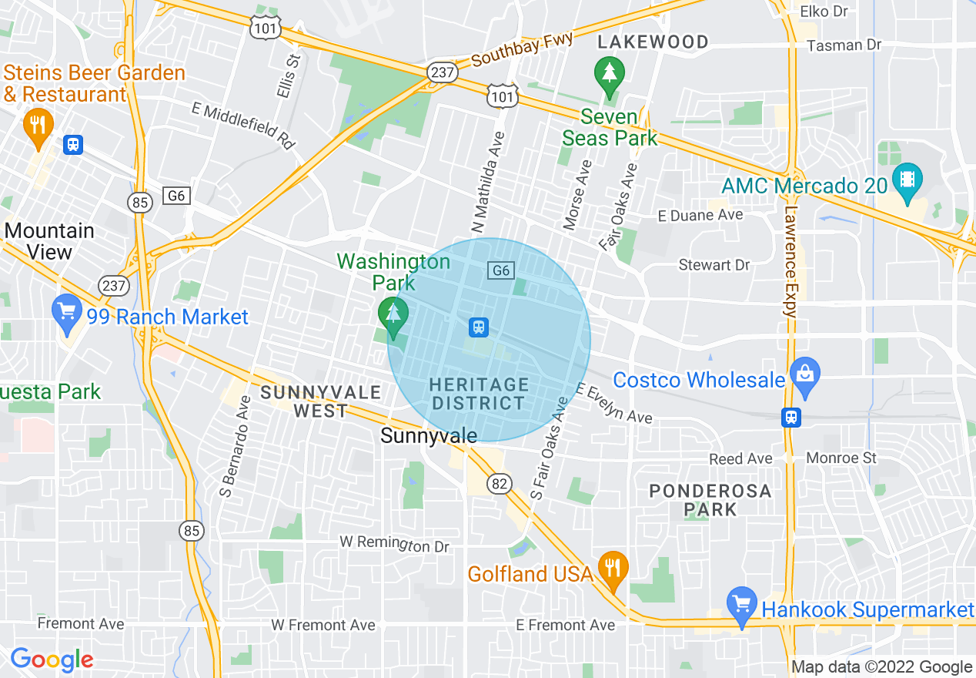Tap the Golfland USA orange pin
coord(612,569)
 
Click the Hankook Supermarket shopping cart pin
coord(742,605)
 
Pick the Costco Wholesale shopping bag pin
coord(805,377)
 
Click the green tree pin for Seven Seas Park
coord(610,76)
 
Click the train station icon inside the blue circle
coord(479,327)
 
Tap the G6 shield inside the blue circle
coord(500,270)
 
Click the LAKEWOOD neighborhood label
coord(653,42)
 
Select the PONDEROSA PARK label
coord(710,500)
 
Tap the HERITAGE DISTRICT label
coord(479,394)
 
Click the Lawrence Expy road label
coord(790,261)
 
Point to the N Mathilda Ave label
coord(490,183)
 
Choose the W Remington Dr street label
coord(394,544)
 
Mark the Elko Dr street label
coord(824,12)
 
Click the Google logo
coord(52,660)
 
